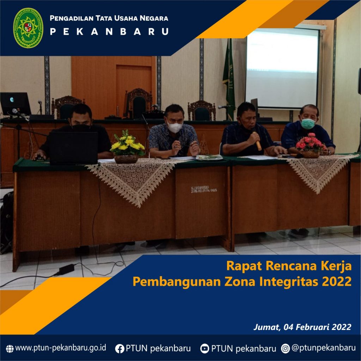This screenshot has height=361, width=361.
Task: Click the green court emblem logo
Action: pos(28,28)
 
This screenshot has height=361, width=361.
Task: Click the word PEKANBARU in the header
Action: pos(109,32)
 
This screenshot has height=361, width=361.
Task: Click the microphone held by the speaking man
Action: pos(258,142)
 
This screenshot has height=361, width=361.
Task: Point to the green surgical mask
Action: pos(308,123)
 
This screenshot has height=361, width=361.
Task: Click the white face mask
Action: pos(175,127)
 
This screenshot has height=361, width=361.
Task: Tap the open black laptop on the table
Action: pos(73,148)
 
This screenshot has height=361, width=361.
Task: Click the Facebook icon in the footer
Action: pos(120,349)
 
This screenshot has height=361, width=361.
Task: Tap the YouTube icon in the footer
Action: pos(204,348)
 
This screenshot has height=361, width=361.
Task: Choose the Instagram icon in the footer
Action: pos(285,348)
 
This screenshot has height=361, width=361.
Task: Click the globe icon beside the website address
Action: pos(10,349)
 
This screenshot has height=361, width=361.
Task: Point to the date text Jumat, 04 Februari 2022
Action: pos(302,327)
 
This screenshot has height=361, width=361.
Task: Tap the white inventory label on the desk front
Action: pos(204,189)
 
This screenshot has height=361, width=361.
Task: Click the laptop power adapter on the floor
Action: pos(67,269)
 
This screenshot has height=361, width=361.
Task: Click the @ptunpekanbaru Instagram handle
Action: pos(324,348)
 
